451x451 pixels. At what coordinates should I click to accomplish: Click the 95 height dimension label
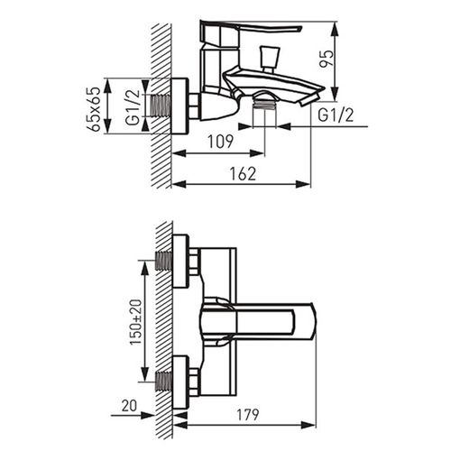click(327, 59)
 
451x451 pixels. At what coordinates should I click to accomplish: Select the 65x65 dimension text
click(95, 109)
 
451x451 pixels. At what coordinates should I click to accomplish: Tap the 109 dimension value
click(220, 142)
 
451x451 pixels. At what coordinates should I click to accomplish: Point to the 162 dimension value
click(243, 173)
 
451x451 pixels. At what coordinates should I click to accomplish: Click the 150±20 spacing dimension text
click(136, 321)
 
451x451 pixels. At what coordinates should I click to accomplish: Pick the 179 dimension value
click(247, 415)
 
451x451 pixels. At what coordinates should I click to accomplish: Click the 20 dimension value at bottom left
click(129, 406)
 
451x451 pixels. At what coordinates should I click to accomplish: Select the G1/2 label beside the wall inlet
click(133, 107)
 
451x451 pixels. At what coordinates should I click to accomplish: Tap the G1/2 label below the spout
click(336, 115)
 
